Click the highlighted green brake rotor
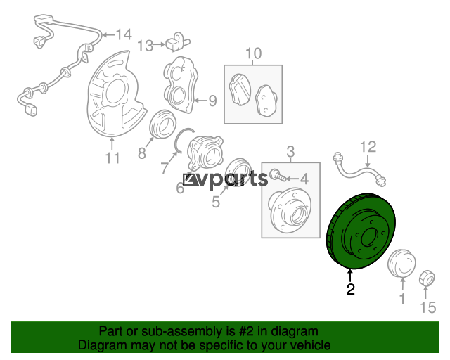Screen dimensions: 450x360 tap(361, 231)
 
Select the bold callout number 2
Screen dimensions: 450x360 tap(350, 289)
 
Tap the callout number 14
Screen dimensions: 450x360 tap(124, 34)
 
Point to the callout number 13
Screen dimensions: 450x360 tap(146, 46)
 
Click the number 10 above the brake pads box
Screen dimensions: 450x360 tap(254, 53)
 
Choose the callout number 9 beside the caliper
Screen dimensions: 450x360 tap(212, 101)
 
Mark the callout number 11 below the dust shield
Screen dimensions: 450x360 tap(112, 158)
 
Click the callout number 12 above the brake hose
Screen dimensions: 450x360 tap(368, 147)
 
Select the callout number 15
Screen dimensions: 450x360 tap(428, 307)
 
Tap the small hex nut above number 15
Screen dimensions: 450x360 tap(427, 278)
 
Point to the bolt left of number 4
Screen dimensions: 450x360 tap(278, 175)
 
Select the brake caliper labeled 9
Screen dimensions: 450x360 tap(181, 84)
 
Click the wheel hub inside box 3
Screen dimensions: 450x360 tap(290, 210)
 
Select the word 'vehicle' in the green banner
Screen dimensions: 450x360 tap(311, 345)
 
